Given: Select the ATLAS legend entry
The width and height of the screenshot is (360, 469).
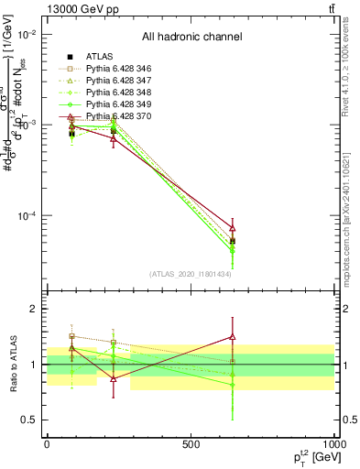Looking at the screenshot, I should click(102, 56).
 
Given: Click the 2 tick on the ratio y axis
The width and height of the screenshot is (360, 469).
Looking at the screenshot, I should click(36, 310).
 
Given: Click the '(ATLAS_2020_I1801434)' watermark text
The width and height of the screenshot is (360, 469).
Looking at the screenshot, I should click(191, 274).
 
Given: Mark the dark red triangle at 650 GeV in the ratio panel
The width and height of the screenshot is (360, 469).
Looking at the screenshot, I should click(233, 337).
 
